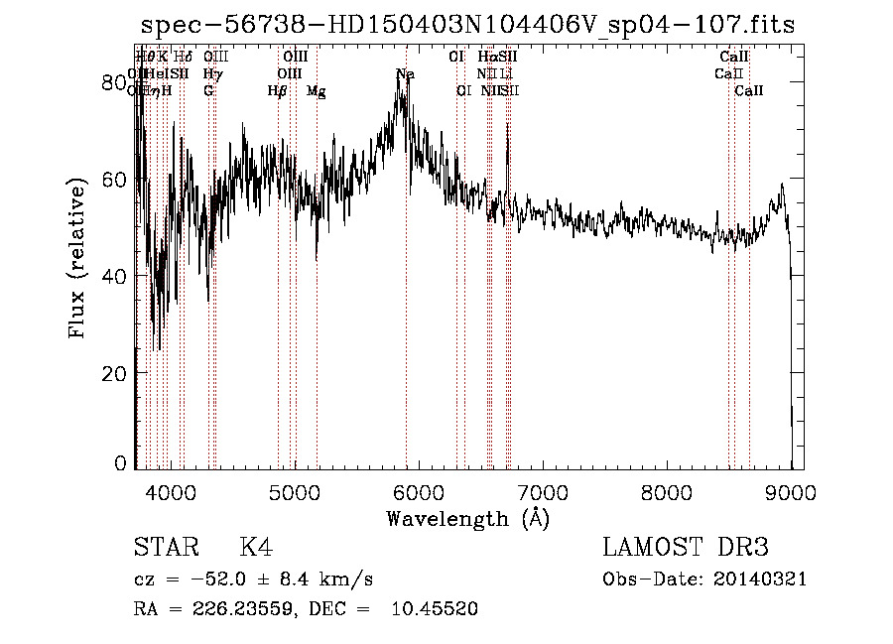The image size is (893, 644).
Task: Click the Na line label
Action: (405, 74)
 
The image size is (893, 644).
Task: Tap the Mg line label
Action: (317, 90)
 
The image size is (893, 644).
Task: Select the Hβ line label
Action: (278, 90)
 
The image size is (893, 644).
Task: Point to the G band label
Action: (208, 90)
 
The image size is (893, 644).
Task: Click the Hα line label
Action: (487, 58)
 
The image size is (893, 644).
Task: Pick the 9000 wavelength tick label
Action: (790, 489)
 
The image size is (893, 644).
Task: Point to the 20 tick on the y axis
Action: (116, 373)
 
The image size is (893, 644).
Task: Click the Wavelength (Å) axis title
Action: (467, 518)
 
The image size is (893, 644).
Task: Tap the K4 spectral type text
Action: (256, 548)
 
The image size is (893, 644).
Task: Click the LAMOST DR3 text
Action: (686, 548)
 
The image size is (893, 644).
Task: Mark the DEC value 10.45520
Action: (437, 609)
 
